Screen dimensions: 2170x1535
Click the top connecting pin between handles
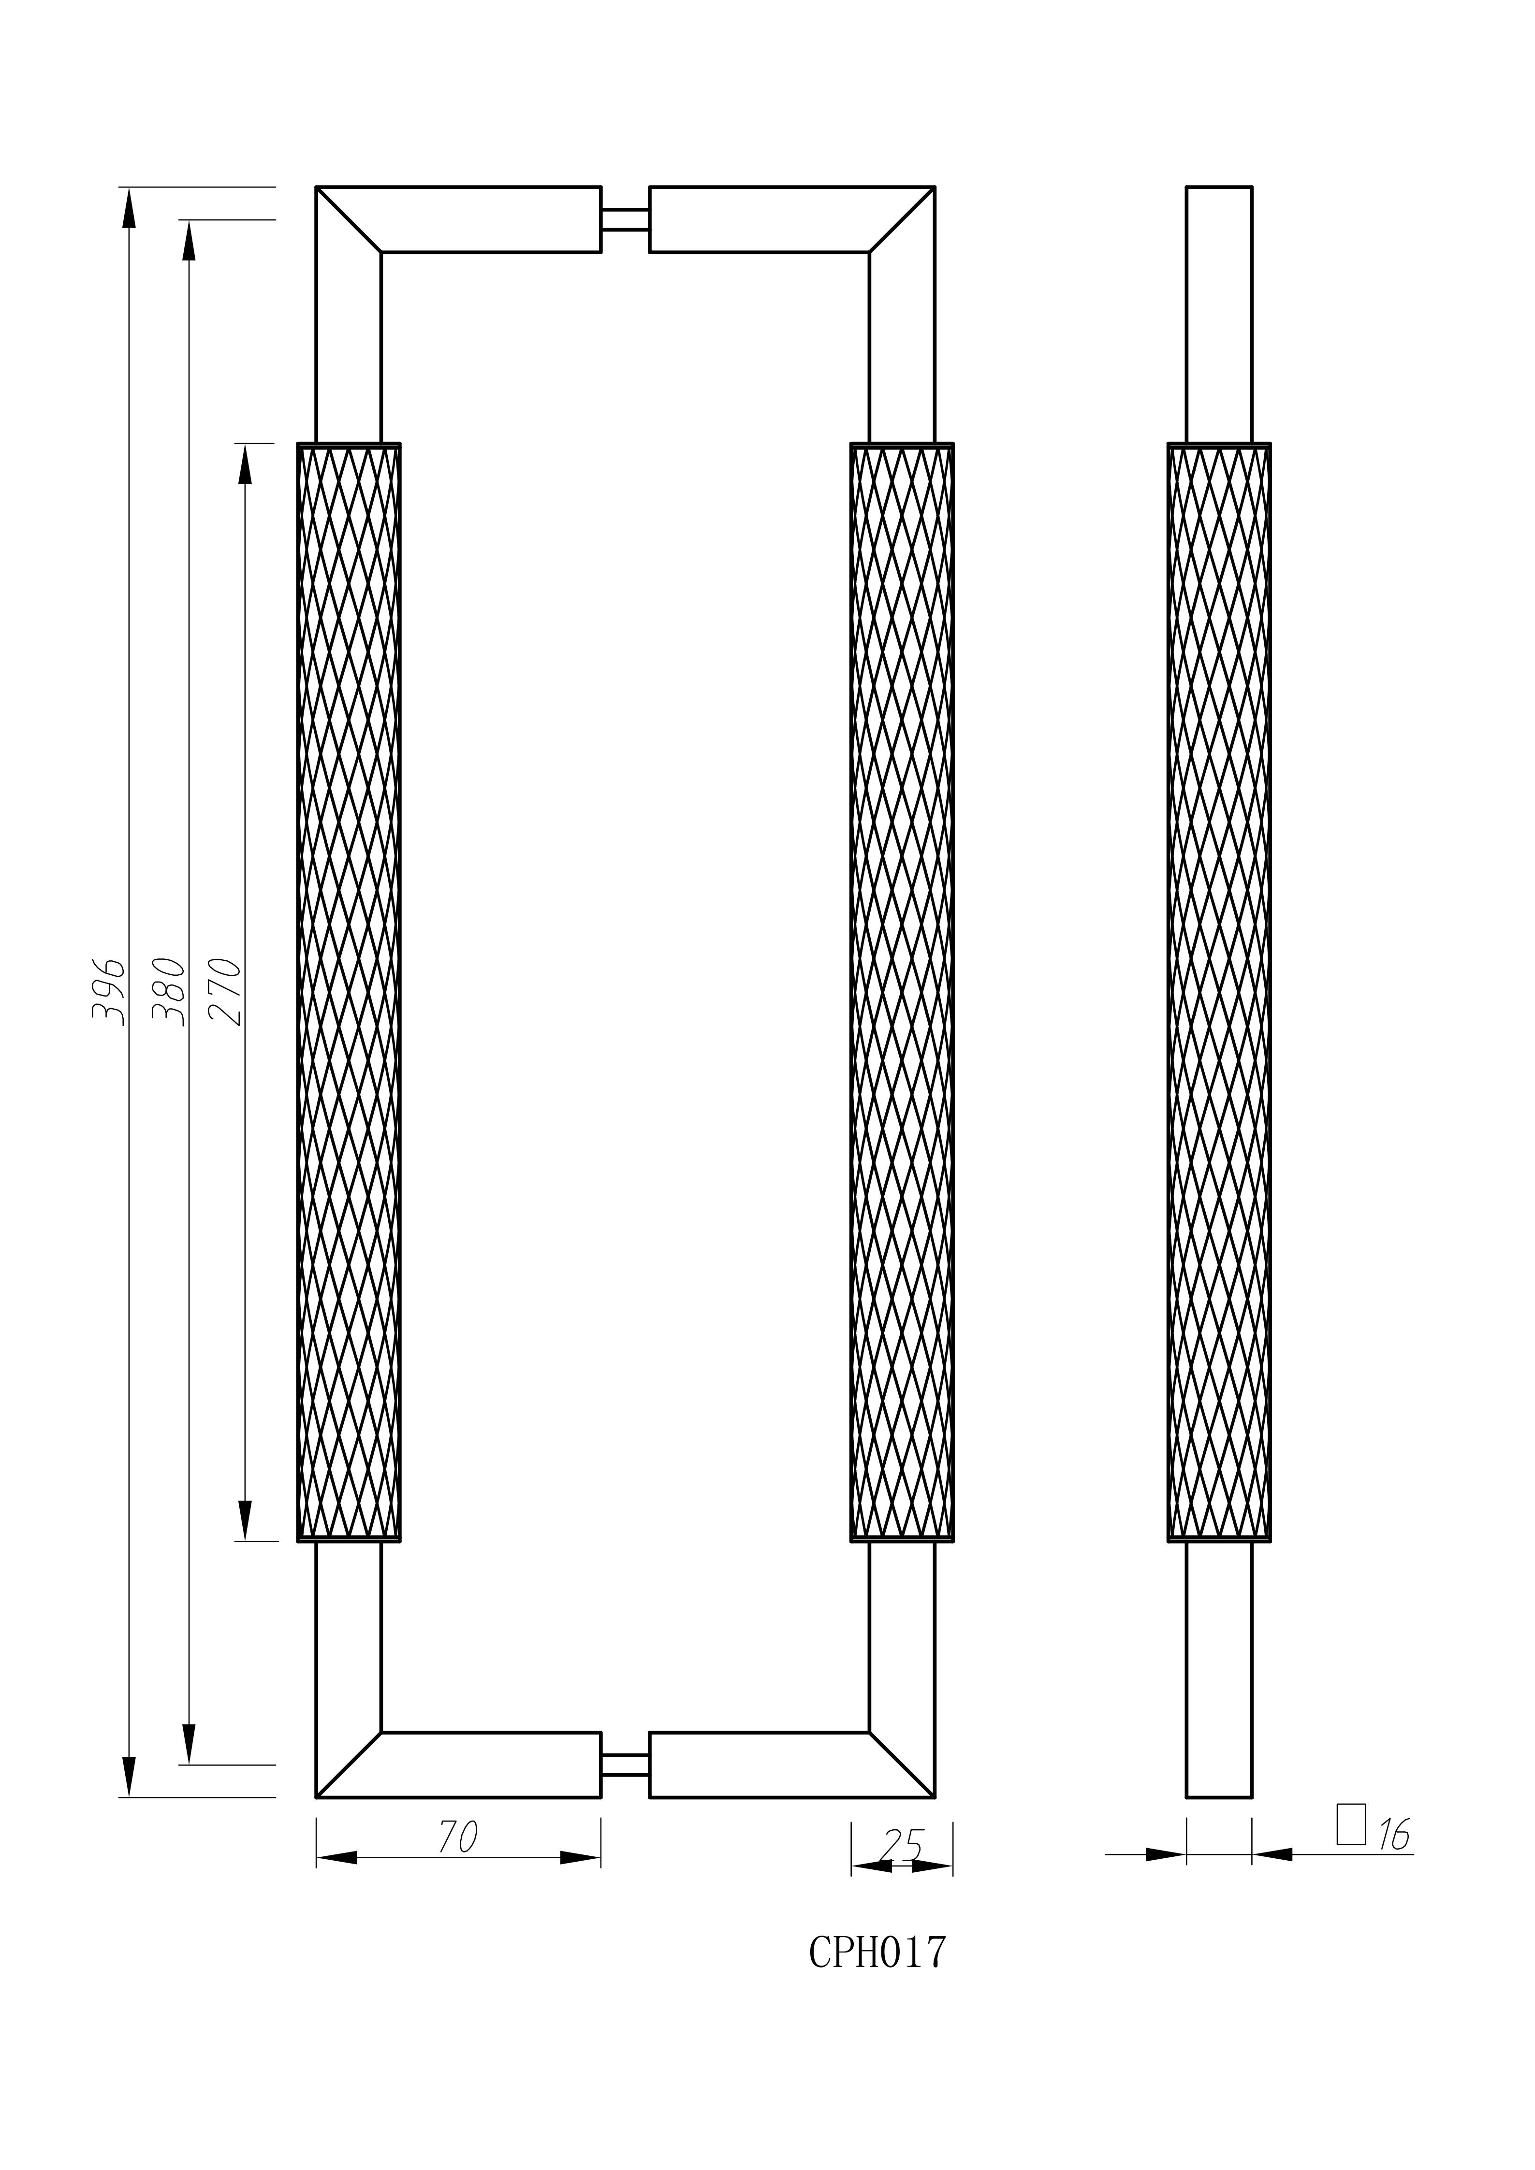pyautogui.click(x=625, y=219)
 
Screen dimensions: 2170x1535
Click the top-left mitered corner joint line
pyautogui.click(x=349, y=219)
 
